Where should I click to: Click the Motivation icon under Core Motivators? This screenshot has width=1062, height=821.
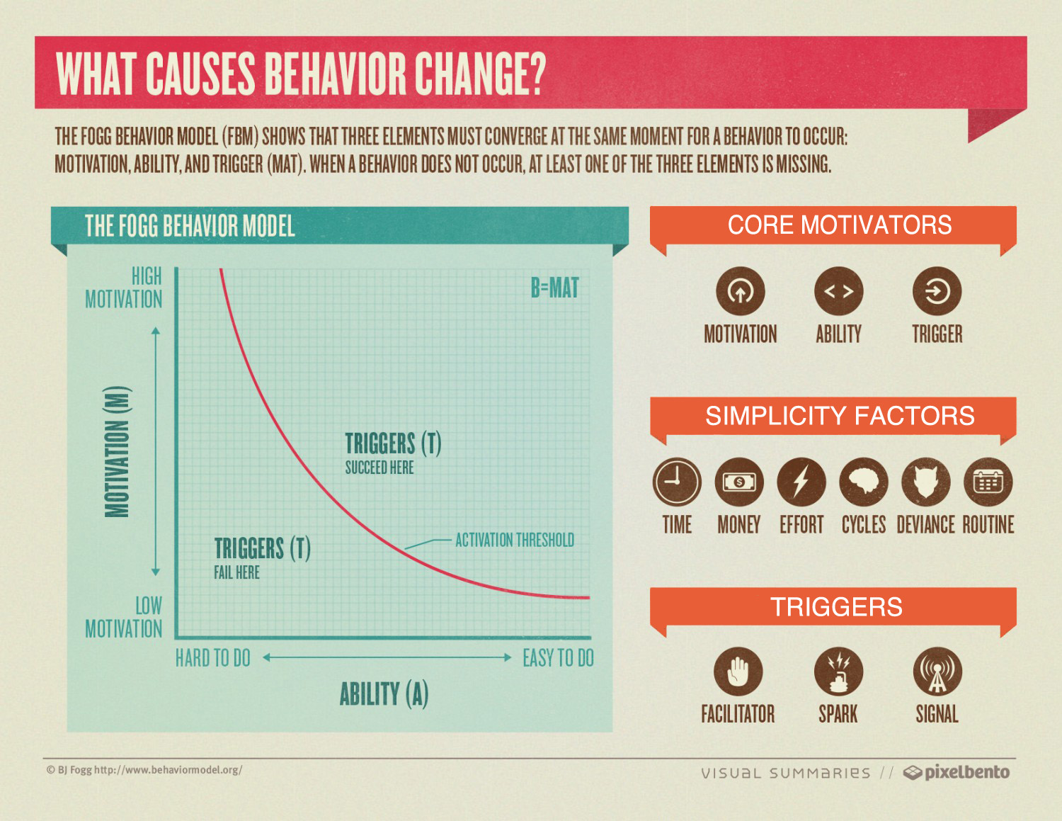pyautogui.click(x=740, y=291)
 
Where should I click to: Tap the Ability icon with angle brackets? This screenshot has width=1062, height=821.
pyautogui.click(x=838, y=291)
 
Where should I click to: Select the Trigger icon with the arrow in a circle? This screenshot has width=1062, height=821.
pyautogui.click(x=937, y=291)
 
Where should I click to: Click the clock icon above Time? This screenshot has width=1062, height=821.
pyautogui.click(x=677, y=482)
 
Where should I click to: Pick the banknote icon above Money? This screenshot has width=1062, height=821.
pyautogui.click(x=739, y=482)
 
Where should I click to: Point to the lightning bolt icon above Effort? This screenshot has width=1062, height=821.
pyautogui.click(x=801, y=482)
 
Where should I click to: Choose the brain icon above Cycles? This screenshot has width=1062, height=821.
pyautogui.click(x=864, y=482)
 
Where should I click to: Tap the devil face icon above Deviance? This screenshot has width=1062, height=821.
pyautogui.click(x=925, y=482)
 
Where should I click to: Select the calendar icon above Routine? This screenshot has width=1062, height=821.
pyautogui.click(x=988, y=482)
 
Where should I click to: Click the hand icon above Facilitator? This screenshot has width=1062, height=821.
pyautogui.click(x=738, y=672)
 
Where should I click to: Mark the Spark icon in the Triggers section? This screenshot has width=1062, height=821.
pyautogui.click(x=838, y=672)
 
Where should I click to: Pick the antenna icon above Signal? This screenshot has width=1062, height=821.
pyautogui.click(x=937, y=672)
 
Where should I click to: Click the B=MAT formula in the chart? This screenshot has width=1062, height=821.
pyautogui.click(x=554, y=288)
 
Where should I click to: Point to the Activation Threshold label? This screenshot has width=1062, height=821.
pyautogui.click(x=515, y=540)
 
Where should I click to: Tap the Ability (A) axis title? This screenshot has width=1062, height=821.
pyautogui.click(x=384, y=694)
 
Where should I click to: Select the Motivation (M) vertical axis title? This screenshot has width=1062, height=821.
pyautogui.click(x=118, y=451)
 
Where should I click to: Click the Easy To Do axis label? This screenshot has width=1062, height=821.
pyautogui.click(x=558, y=658)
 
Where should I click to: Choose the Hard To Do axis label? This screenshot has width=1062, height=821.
pyautogui.click(x=213, y=658)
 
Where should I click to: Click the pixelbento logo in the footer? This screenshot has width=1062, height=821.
pyautogui.click(x=957, y=772)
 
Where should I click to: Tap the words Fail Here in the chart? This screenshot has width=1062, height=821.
pyautogui.click(x=237, y=572)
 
